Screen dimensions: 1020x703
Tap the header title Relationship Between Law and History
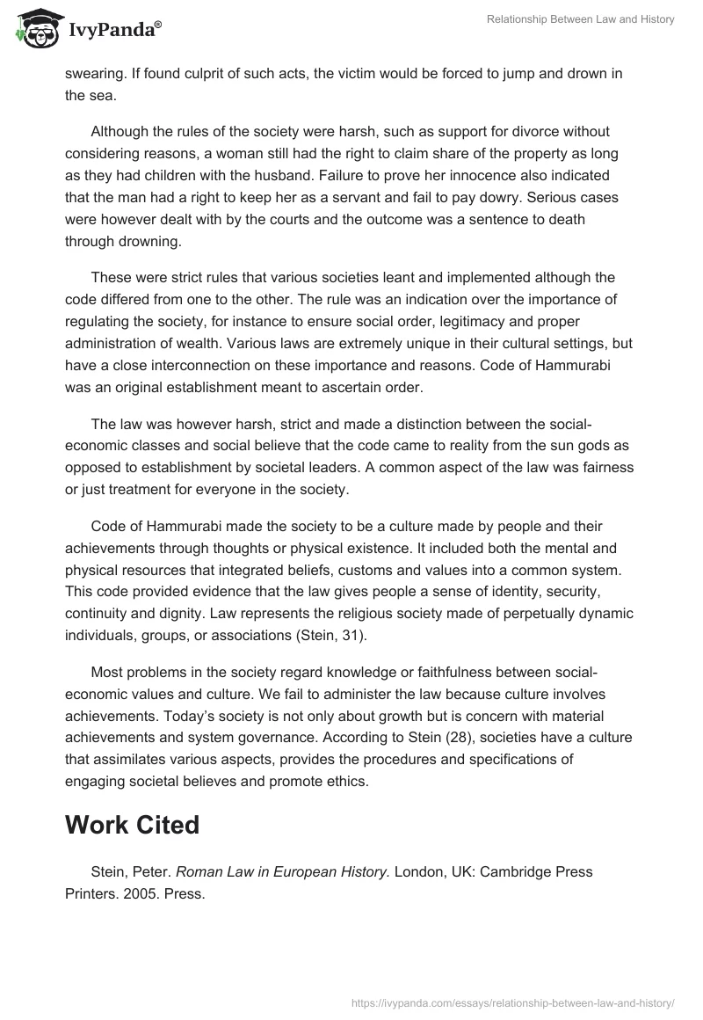point(580,19)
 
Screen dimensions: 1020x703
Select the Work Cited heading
point(132,825)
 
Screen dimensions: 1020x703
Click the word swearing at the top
point(94,74)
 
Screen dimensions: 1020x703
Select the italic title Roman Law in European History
point(282,872)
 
